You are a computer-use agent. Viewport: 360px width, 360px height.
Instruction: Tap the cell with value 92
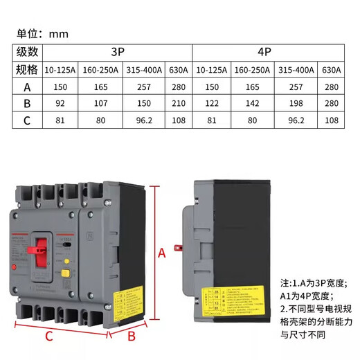[x=60, y=102]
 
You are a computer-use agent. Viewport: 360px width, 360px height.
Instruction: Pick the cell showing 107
[x=99, y=102]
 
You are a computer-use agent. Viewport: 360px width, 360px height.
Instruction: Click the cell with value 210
[x=178, y=102]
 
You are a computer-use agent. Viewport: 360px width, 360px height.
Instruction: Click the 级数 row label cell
[x=28, y=52]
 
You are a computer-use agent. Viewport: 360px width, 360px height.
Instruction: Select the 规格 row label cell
[x=28, y=69]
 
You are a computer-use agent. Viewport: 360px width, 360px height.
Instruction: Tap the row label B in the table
[x=28, y=102]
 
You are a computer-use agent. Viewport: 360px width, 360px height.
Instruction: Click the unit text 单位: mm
[x=43, y=33]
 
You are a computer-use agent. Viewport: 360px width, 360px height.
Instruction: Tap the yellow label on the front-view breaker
[x=123, y=302]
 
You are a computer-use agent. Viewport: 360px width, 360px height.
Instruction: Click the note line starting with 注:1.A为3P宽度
[x=318, y=283]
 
